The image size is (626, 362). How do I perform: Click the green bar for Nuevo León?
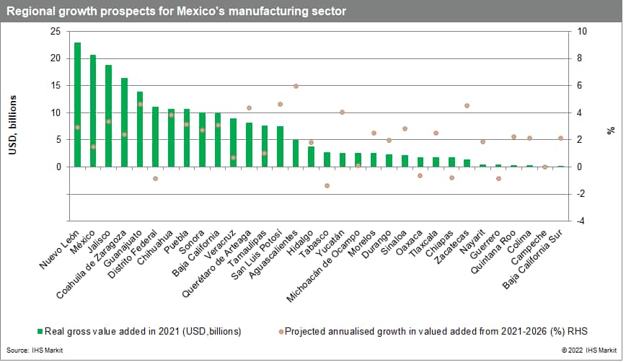point(77,105)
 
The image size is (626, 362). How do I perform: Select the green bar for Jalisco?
point(109,115)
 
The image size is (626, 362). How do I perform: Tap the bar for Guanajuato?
point(140,129)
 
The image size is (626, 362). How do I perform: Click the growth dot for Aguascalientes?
point(296,86)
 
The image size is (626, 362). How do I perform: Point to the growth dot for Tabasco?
point(327,185)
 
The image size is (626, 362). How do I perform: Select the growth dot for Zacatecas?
point(467,106)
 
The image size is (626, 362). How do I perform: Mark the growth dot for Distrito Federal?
point(155,178)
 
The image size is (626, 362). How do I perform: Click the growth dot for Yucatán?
point(342,112)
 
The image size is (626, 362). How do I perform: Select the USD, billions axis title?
point(14,126)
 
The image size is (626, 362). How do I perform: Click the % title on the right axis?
point(610,131)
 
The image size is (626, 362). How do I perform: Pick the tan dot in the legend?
point(280,332)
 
